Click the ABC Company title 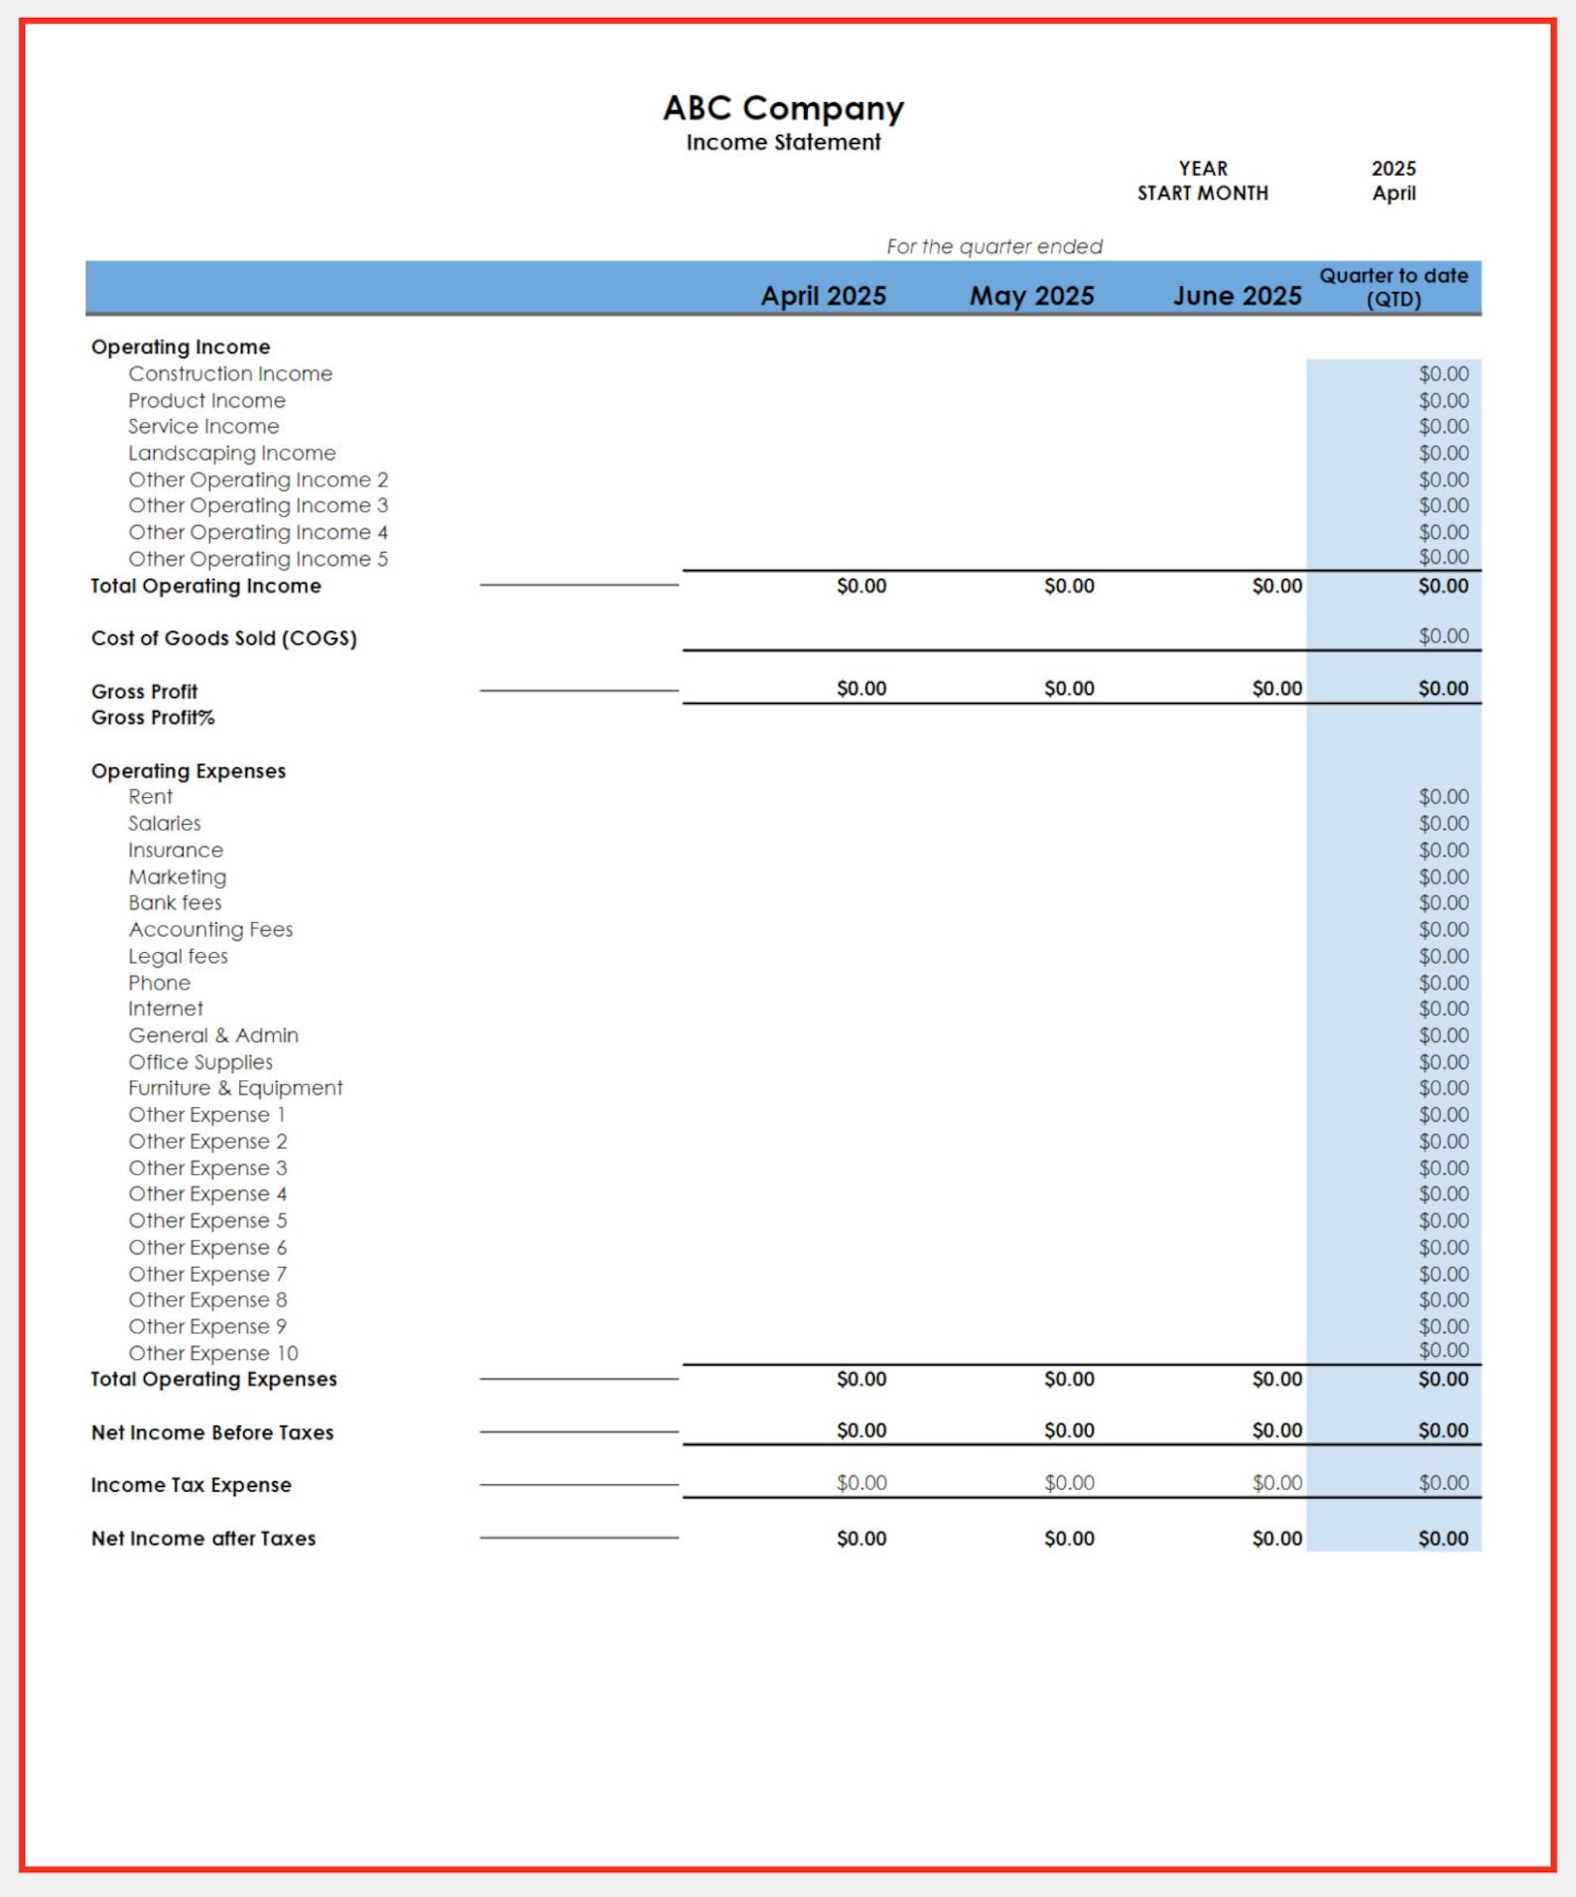coord(783,107)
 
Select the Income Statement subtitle coord(783,142)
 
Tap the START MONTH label coord(1202,194)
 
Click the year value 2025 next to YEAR coord(1393,169)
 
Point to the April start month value coord(1393,194)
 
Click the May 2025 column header coord(1031,296)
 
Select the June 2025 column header coord(1237,296)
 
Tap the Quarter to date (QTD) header coord(1393,287)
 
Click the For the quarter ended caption coord(993,246)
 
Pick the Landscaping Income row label coord(231,453)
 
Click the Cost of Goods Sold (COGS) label coord(223,638)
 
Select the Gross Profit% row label coord(153,718)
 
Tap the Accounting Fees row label coord(210,929)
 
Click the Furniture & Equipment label coord(235,1088)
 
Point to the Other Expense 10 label coord(212,1353)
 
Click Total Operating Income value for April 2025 coord(860,586)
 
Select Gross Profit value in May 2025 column coord(1069,688)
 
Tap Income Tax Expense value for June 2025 coord(1276,1482)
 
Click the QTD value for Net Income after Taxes coord(1442,1538)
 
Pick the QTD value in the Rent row coord(1442,797)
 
